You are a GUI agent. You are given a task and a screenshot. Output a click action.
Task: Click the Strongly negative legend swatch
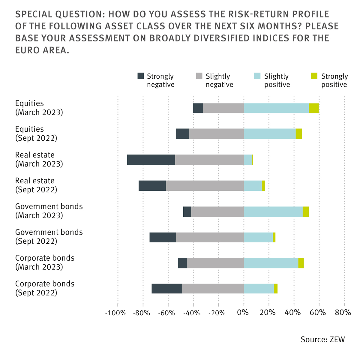tap(140, 76)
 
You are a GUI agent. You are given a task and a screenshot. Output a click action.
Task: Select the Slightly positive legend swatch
tap(257, 76)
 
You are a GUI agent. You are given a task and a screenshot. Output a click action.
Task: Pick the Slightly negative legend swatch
tap(199, 76)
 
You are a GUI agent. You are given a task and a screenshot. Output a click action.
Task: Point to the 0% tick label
tap(243, 313)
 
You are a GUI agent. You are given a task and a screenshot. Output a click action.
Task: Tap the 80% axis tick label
tap(343, 313)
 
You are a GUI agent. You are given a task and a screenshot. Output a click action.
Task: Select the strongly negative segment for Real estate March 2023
tap(151, 160)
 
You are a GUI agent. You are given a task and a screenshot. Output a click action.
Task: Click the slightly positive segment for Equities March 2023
tap(276, 108)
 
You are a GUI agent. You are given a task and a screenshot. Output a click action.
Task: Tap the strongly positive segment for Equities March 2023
tap(313, 108)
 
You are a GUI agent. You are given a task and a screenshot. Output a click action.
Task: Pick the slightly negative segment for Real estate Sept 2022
tap(205, 186)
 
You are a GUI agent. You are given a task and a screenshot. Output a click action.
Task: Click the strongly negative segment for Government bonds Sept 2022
tap(163, 237)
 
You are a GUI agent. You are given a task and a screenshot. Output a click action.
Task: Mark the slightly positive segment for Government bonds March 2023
tap(273, 211)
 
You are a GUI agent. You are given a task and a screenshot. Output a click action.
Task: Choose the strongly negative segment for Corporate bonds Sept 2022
tap(166, 289)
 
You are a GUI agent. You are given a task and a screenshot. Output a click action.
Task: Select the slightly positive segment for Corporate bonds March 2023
tap(271, 263)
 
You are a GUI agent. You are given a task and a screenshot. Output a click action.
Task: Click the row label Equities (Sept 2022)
tap(36, 133)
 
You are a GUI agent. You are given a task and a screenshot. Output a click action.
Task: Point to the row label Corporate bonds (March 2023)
tap(45, 262)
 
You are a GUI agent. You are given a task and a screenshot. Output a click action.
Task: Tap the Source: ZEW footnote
tap(323, 339)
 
